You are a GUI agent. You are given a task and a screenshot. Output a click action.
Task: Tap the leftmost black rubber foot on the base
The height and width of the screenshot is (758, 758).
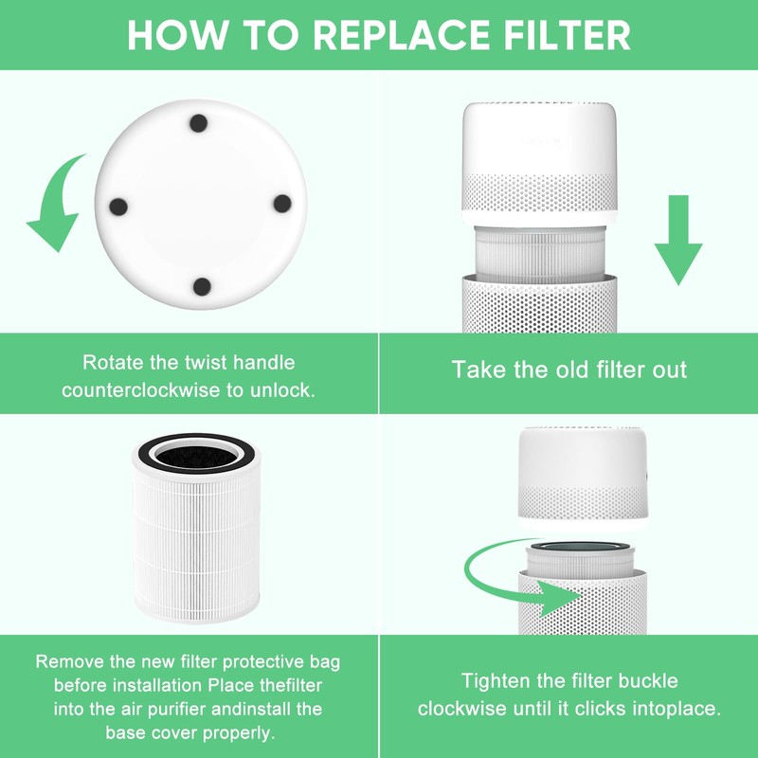click(119, 205)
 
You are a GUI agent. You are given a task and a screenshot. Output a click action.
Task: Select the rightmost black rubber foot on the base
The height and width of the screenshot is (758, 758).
click(280, 203)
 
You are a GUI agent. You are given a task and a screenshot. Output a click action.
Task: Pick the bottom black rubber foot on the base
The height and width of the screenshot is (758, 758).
click(200, 286)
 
